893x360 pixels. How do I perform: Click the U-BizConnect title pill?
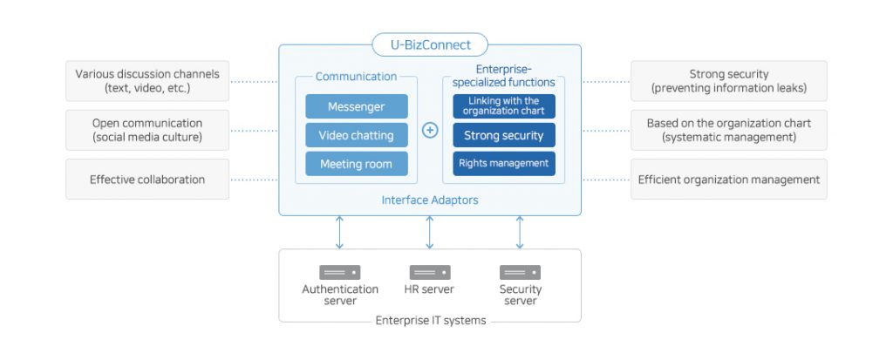[429, 44]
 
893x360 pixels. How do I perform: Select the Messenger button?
[356, 106]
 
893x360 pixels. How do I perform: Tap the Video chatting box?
[356, 135]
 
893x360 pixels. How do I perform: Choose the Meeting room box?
[356, 164]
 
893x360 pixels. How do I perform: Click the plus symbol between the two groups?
[430, 131]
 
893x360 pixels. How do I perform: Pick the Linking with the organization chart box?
[504, 106]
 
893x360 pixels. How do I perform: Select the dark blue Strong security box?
[504, 135]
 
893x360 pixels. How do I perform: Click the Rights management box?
[504, 163]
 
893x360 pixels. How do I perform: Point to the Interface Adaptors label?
[430, 200]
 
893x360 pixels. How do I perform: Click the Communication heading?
[356, 77]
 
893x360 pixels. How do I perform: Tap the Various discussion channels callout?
[147, 81]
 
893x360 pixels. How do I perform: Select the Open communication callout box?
[147, 130]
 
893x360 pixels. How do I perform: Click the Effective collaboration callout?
[147, 180]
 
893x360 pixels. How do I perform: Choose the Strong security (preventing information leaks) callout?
[729, 81]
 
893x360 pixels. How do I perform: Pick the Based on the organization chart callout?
[729, 130]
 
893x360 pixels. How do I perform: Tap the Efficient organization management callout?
[729, 180]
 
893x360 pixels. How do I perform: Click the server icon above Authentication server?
[340, 273]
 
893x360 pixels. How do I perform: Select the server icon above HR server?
[430, 273]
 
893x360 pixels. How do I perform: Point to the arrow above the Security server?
[520, 233]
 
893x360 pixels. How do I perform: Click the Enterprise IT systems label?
[431, 321]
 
